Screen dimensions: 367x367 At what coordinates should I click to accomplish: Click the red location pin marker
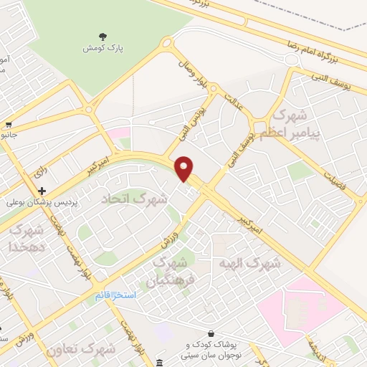(185, 168)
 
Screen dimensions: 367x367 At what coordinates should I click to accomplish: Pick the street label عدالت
(234, 105)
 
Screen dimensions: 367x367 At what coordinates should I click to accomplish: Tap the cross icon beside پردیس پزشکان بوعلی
(42, 191)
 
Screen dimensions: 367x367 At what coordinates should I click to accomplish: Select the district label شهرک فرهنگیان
(171, 272)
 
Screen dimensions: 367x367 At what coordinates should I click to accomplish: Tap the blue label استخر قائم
(115, 295)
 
